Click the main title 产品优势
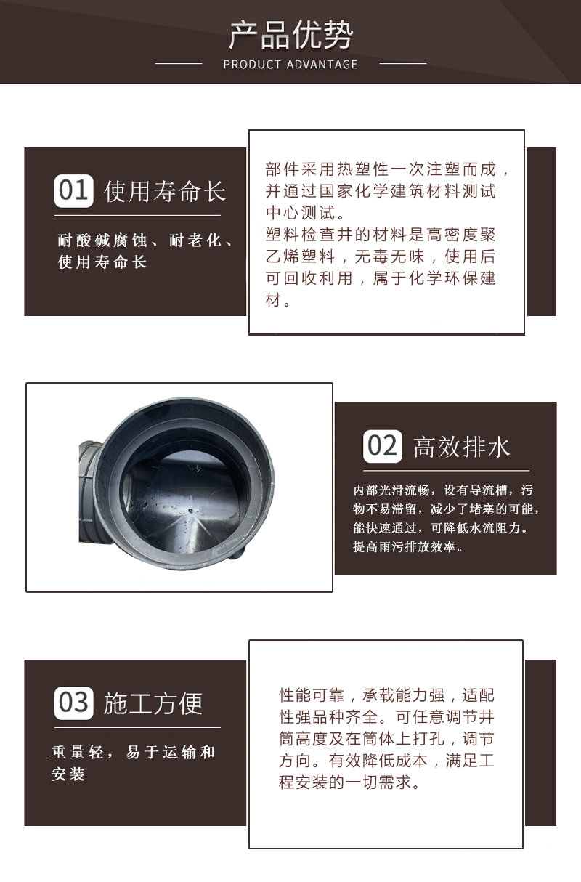pyautogui.click(x=290, y=36)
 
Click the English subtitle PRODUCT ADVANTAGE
pyautogui.click(x=290, y=64)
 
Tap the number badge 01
pyautogui.click(x=73, y=191)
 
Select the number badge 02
pyautogui.click(x=382, y=446)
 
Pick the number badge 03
pyautogui.click(x=73, y=703)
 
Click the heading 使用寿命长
pyautogui.click(x=165, y=192)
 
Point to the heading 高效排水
pyautogui.click(x=462, y=447)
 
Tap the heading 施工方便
pyautogui.click(x=153, y=703)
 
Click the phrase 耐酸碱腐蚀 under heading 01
pyautogui.click(x=102, y=240)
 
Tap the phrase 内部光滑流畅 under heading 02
pyautogui.click(x=391, y=490)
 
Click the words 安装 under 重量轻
pyautogui.click(x=68, y=774)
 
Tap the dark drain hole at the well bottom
pyautogui.click(x=190, y=511)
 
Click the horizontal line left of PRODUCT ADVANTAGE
pyautogui.click(x=179, y=63)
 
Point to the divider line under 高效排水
pyautogui.click(x=446, y=471)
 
